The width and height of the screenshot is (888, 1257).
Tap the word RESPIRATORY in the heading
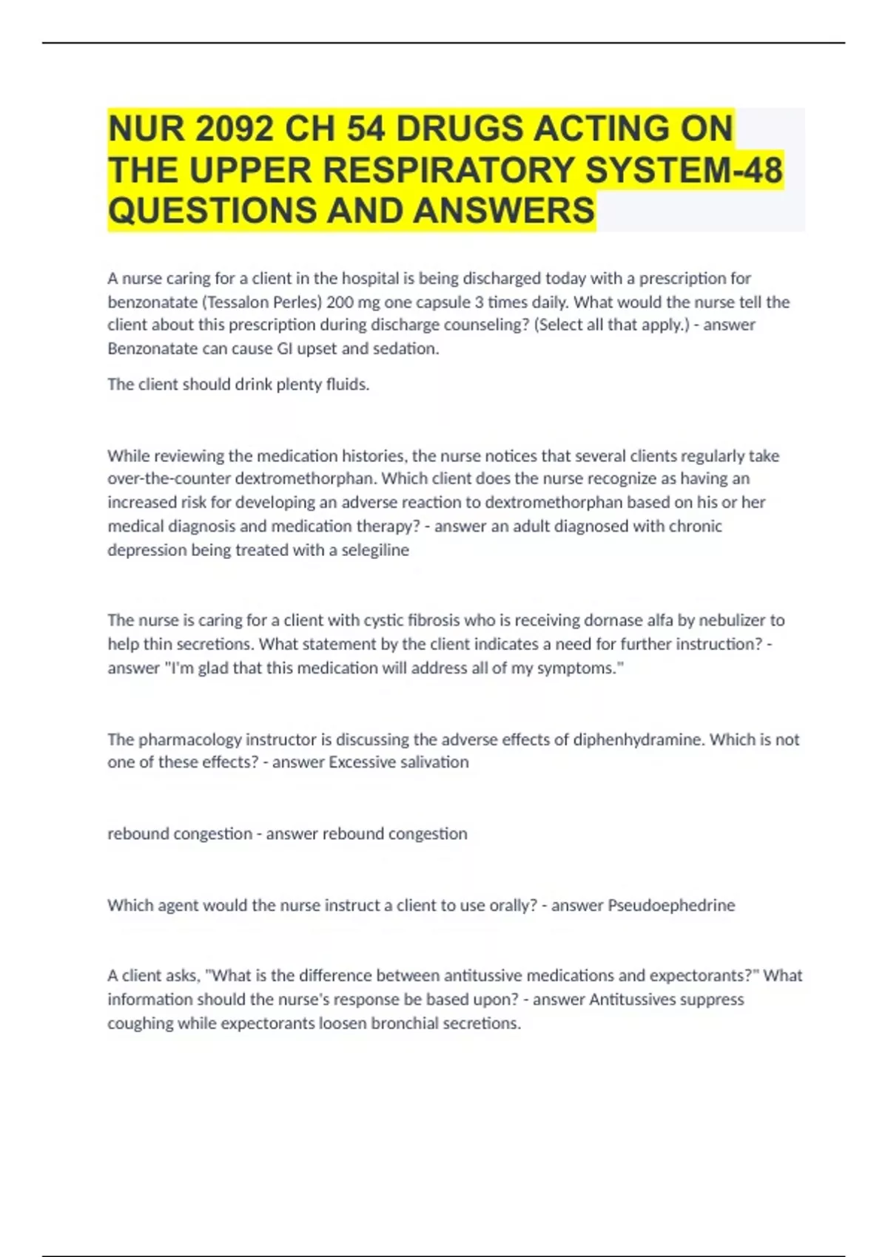pyautogui.click(x=448, y=170)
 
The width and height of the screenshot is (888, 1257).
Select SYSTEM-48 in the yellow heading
pyautogui.click(x=684, y=170)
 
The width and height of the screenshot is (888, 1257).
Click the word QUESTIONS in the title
pyautogui.click(x=212, y=211)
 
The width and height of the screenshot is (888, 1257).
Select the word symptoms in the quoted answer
pyautogui.click(x=589, y=668)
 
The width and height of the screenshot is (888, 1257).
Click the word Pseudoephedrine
pyautogui.click(x=671, y=906)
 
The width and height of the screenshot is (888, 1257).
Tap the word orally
pyautogui.click(x=511, y=906)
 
